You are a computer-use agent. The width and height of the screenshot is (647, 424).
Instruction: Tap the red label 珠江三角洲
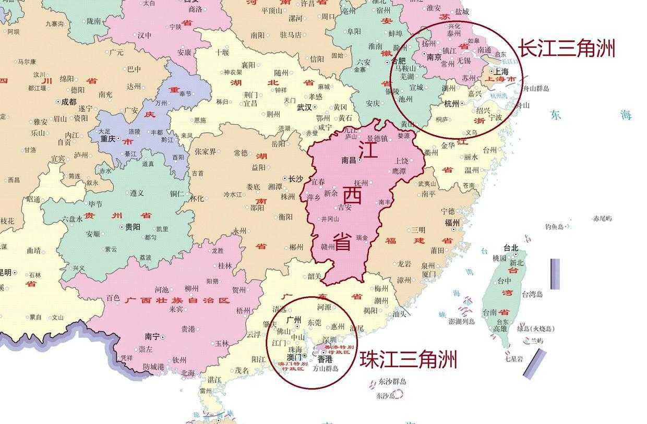[x=408, y=359]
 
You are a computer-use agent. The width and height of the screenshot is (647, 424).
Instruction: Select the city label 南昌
[x=348, y=161]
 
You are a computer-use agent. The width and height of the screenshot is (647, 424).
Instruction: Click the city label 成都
[x=68, y=102]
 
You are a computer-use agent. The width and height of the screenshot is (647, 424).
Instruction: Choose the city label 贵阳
[x=132, y=227]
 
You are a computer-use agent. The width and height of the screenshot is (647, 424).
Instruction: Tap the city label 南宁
[x=152, y=337]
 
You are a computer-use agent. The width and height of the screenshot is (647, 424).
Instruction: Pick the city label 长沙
[x=295, y=179]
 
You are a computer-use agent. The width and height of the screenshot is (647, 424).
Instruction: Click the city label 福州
[x=451, y=222]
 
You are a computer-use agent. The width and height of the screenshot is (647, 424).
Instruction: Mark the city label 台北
[x=511, y=248]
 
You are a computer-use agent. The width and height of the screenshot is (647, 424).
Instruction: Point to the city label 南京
[x=434, y=57]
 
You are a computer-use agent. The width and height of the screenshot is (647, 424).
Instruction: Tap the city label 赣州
[x=328, y=246]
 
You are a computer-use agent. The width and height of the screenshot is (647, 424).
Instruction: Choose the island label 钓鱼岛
[x=554, y=227]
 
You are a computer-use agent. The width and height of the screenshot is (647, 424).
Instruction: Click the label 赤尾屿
[x=602, y=219]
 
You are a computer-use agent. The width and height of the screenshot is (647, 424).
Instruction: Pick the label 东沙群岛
[x=392, y=381]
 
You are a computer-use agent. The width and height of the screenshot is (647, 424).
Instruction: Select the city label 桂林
[x=225, y=265]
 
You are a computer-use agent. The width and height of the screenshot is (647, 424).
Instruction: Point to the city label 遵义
[x=137, y=193]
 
